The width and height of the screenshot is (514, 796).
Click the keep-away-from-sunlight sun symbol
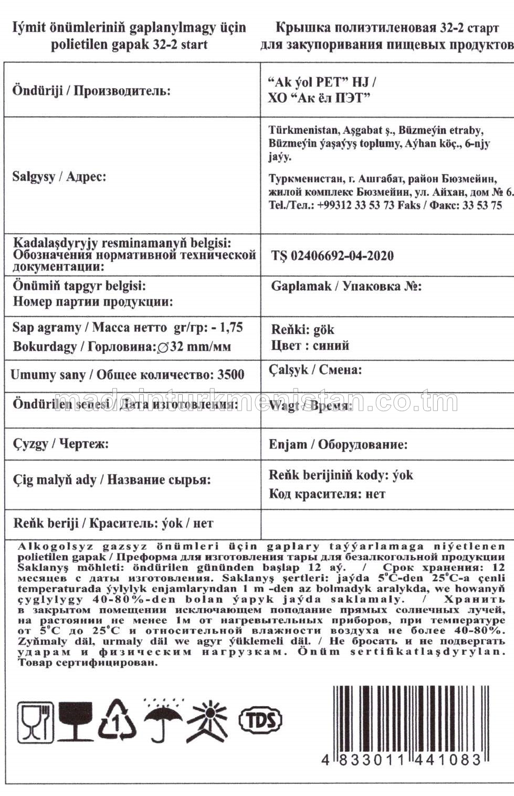click(208, 720)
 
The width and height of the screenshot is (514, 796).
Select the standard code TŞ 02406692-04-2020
click(332, 256)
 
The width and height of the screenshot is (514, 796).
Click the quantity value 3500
click(230, 375)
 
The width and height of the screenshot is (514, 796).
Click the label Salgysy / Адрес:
click(59, 176)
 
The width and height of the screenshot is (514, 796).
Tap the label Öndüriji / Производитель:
click(91, 90)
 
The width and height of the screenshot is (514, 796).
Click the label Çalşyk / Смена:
click(315, 370)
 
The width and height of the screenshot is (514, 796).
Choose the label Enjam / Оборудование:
click(338, 445)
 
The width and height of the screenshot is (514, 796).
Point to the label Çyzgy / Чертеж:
click(61, 444)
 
